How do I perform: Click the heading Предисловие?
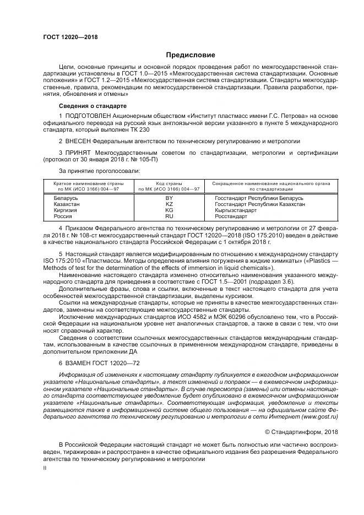pos(191,55)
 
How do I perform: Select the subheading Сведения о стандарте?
pos(93,105)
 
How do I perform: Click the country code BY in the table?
pos(169,197)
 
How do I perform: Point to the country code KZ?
pos(169,204)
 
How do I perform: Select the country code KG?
pos(169,210)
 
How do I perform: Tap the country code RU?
pos(169,216)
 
